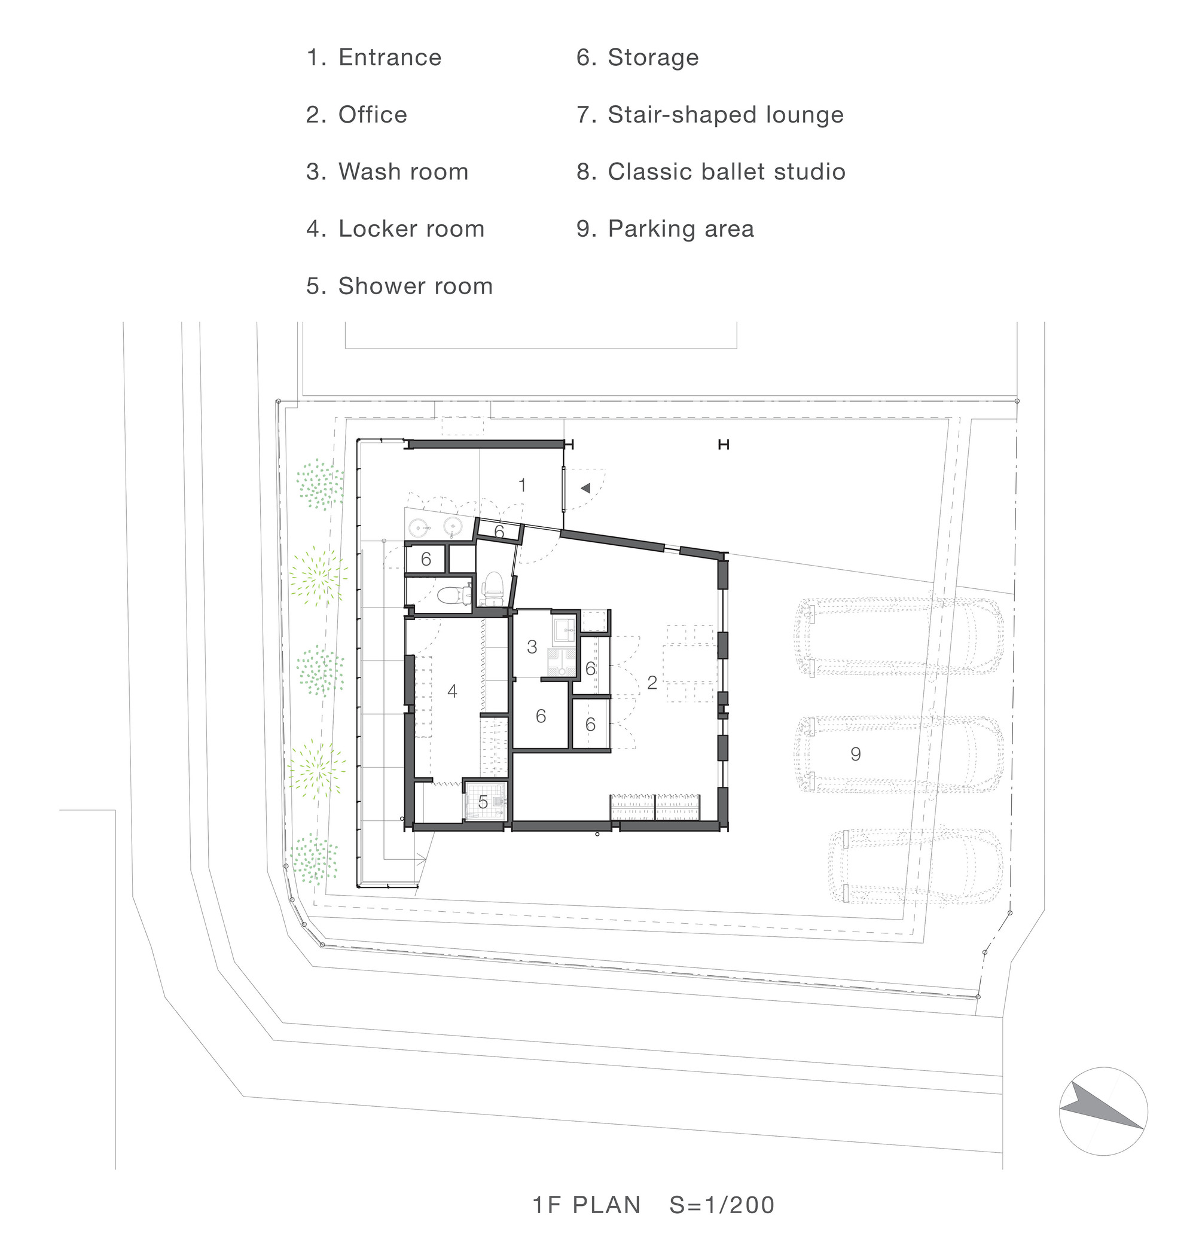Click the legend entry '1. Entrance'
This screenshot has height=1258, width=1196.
click(374, 57)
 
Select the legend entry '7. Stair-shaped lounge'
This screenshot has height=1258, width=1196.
click(710, 115)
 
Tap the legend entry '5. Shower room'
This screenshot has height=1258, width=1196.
click(399, 286)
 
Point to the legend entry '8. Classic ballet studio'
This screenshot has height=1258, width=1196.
click(711, 172)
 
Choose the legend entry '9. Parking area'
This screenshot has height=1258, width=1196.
click(665, 229)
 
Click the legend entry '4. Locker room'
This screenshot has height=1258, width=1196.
click(395, 229)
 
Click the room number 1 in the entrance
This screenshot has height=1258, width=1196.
click(522, 486)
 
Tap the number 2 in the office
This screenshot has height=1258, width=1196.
click(652, 683)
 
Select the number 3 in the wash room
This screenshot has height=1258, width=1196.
click(532, 647)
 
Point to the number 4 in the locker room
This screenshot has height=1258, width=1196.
click(452, 691)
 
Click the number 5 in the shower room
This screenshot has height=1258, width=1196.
click(483, 802)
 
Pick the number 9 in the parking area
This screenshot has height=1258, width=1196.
click(856, 754)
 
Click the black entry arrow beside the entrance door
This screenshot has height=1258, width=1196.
click(585, 488)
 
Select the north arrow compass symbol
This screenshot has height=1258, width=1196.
click(1103, 1112)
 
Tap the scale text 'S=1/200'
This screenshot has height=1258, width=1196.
click(722, 1205)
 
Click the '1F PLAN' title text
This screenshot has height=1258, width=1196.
click(587, 1205)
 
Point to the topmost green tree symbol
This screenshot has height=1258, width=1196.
click(320, 484)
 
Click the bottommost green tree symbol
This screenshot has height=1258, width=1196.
click(315, 859)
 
